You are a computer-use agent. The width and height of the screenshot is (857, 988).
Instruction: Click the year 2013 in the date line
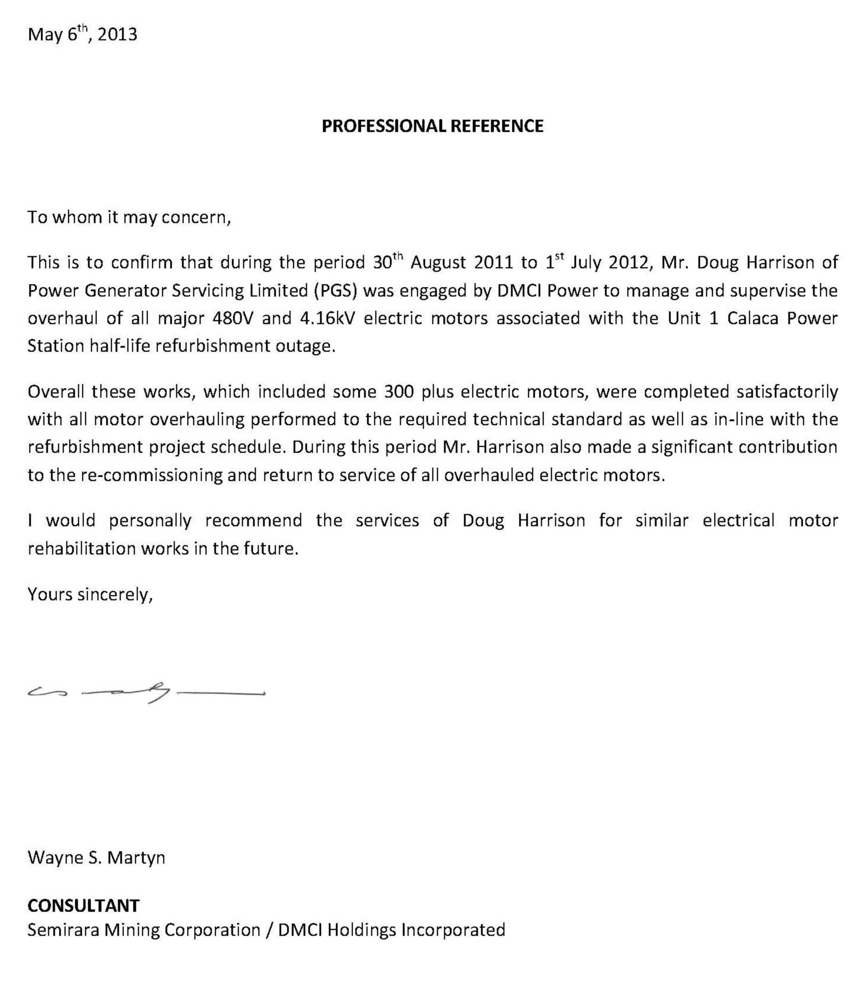117,35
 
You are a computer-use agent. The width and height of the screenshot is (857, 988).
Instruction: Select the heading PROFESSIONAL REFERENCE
432,126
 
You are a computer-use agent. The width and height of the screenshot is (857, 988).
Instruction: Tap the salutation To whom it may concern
129,218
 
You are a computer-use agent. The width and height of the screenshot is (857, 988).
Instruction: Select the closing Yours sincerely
90,594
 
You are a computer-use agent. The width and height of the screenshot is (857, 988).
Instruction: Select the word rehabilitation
81,548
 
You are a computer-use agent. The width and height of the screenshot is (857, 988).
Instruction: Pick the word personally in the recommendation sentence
150,520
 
